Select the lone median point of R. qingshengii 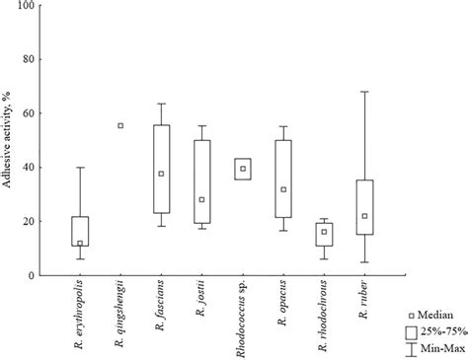(x=120, y=125)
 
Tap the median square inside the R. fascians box (x=161, y=174)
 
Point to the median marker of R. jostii (x=201, y=199)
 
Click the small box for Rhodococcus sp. (x=243, y=169)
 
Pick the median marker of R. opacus (x=283, y=189)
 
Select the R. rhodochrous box (x=324, y=234)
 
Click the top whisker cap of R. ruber (x=364, y=92)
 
